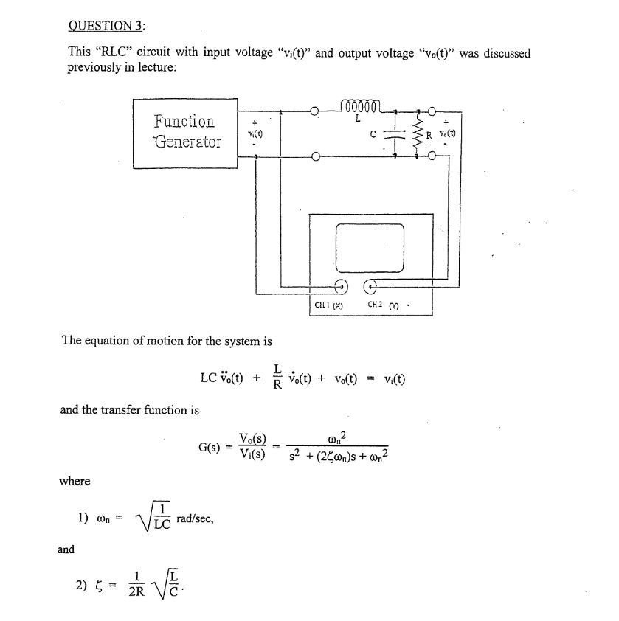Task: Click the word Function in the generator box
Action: (x=184, y=121)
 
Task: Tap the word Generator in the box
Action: (x=187, y=142)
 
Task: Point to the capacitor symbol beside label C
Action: (x=396, y=134)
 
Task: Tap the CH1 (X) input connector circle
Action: (x=342, y=288)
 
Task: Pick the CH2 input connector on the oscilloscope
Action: (x=371, y=288)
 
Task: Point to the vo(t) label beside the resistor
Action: (x=447, y=133)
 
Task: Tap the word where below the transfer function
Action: (x=75, y=481)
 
